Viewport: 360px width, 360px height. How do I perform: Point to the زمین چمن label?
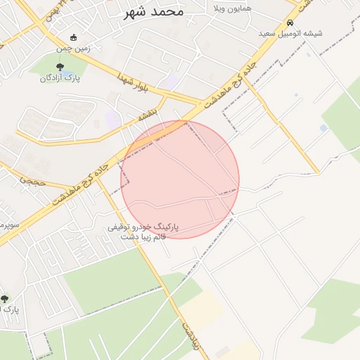coord(74,49)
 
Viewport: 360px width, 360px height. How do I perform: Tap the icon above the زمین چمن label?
coord(74,37)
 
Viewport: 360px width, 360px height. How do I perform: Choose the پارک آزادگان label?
coord(59,78)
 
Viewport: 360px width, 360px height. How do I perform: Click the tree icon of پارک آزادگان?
coord(59,67)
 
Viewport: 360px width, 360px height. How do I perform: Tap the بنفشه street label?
coord(156,110)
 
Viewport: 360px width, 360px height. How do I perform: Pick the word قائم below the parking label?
coord(159,237)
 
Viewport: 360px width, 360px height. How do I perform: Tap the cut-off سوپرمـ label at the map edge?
coord(8,226)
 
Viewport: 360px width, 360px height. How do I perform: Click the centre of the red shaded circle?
coord(180,179)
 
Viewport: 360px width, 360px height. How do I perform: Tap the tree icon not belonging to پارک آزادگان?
coord(5,299)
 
